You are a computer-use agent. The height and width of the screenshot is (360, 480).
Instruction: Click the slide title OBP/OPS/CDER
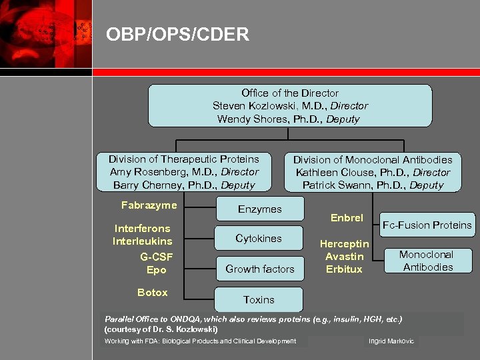(177, 34)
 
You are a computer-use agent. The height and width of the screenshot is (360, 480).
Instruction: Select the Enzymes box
(259, 209)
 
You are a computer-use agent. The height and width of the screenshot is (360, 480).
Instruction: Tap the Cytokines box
(259, 239)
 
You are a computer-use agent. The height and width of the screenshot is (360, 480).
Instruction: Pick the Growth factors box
(259, 269)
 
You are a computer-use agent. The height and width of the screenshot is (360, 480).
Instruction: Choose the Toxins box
(259, 299)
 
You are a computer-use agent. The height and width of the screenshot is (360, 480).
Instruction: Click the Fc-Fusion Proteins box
(427, 225)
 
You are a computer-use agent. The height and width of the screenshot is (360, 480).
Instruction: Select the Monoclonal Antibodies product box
(426, 261)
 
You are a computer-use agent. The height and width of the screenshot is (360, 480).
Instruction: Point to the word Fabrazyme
(149, 205)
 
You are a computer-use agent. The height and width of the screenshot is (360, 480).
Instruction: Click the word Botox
(153, 293)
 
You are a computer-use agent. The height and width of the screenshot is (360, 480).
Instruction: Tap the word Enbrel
(347, 218)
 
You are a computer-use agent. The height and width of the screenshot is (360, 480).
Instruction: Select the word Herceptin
(344, 244)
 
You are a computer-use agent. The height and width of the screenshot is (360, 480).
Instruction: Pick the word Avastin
(344, 257)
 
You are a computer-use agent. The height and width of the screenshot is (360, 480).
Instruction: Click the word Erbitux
(344, 269)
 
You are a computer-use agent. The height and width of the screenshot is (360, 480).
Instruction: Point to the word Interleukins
(142, 241)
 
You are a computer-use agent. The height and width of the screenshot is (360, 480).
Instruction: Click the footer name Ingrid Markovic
(391, 341)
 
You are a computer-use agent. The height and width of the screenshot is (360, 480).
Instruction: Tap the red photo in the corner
(45, 33)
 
